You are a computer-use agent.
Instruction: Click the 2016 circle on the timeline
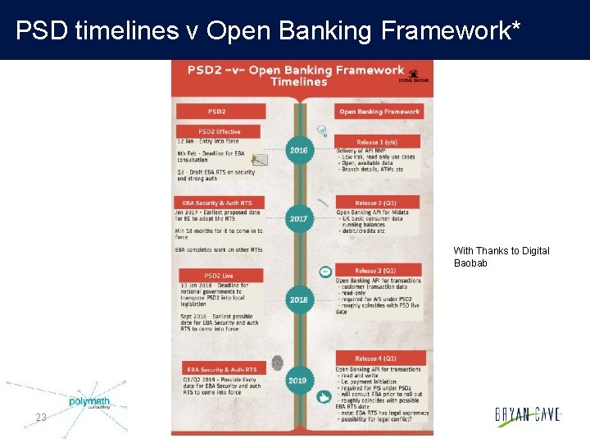click(x=299, y=150)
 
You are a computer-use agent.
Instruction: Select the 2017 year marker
click(x=299, y=219)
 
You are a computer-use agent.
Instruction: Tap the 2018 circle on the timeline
click(x=299, y=299)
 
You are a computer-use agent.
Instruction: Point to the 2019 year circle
click(x=298, y=380)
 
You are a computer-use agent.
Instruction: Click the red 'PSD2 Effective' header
click(x=217, y=131)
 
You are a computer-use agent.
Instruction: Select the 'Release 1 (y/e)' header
click(x=377, y=141)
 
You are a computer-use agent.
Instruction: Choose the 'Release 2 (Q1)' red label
click(x=377, y=203)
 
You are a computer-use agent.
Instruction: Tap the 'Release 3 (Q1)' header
click(x=378, y=270)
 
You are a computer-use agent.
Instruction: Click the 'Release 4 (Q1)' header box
click(x=378, y=359)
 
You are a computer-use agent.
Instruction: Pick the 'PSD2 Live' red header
click(x=218, y=276)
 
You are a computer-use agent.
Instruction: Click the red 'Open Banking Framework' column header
click(x=379, y=112)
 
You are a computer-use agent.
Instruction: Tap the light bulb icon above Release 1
click(x=323, y=130)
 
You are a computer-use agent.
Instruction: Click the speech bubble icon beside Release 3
click(x=325, y=271)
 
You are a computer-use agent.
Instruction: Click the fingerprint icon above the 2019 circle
click(x=278, y=362)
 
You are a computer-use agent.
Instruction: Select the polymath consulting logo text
click(x=88, y=402)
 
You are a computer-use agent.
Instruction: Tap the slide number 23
click(x=41, y=418)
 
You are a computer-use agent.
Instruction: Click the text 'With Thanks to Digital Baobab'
click(x=501, y=257)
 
